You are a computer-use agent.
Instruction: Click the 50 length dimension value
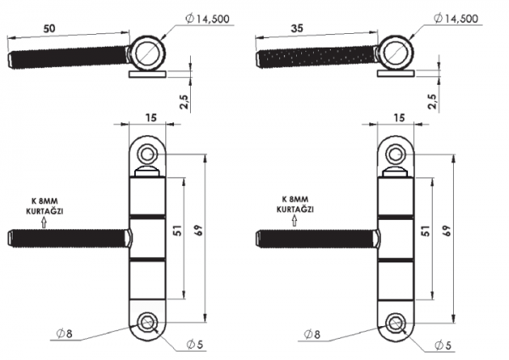(49, 29)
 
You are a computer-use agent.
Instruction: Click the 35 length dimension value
(297, 29)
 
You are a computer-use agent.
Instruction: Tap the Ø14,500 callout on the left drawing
(208, 19)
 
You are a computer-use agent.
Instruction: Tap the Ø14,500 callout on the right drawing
(456, 18)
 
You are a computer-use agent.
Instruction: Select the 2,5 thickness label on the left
(185, 102)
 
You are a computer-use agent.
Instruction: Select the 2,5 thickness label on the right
(433, 102)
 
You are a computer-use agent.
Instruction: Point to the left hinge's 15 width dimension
(151, 118)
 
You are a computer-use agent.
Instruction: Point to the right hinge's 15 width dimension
(399, 118)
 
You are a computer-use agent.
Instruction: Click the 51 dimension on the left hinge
(178, 230)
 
